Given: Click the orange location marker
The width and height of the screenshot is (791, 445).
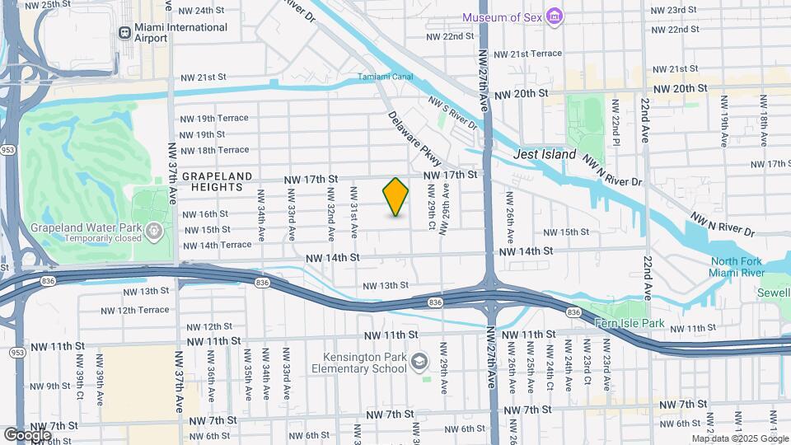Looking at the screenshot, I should point(395,197).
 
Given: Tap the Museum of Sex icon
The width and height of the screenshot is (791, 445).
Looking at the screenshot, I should point(555,17).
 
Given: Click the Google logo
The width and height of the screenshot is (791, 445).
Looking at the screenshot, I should point(27,434).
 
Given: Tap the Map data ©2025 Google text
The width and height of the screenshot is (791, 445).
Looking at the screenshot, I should point(738,438).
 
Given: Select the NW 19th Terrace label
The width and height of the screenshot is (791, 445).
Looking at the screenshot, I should point(213,118).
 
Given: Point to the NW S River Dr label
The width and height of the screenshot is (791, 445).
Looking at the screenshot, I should point(452,113).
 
